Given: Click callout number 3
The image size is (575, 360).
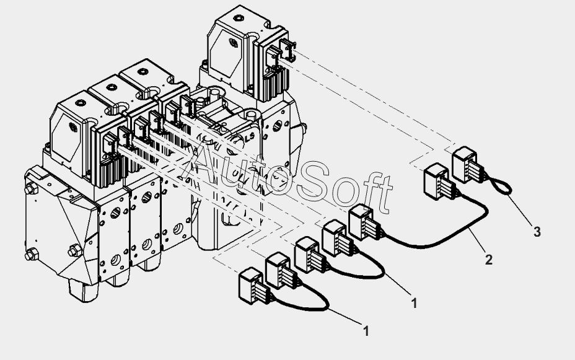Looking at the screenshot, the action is tap(537, 232).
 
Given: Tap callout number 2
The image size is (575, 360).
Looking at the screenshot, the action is tap(488, 260).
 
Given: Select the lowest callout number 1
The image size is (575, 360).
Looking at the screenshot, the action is tap(366, 331).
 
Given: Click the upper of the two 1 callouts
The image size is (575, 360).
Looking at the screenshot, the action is tap(414, 303).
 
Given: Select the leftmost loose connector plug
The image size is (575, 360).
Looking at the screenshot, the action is tap(253, 286).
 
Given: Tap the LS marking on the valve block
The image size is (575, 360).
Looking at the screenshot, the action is tap(250, 137).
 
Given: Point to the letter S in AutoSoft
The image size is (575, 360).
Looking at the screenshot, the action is tap(315, 183).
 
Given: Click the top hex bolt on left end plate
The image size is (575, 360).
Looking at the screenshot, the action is tap(32, 189).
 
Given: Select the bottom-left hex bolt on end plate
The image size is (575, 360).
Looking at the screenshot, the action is tap(32, 253).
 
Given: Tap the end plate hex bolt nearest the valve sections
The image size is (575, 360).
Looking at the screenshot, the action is tap(75, 251).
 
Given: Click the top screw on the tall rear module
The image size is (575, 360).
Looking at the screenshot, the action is tap(239, 18).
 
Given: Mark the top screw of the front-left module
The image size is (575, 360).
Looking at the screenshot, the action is tap(80, 103).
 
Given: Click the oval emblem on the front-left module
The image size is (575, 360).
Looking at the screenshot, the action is tap(73, 127).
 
